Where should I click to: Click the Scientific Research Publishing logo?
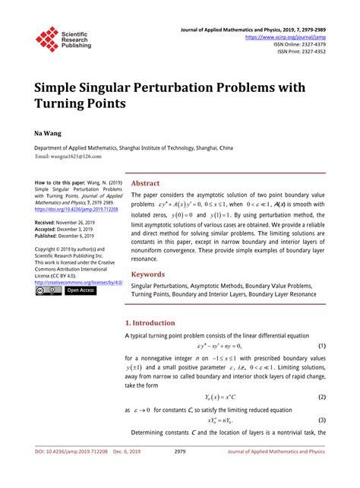tap(63, 38)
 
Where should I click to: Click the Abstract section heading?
tap(146, 183)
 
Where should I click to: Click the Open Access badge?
tap(81, 290)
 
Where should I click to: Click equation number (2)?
tap(322, 397)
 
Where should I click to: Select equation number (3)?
tap(322, 420)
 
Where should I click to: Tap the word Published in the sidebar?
tap(51, 236)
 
